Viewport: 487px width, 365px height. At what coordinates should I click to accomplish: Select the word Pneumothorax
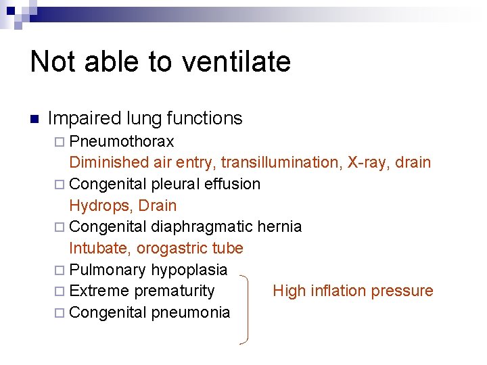coord(122,141)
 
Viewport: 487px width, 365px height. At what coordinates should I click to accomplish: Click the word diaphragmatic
coord(202,226)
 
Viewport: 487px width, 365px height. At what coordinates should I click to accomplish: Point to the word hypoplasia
coord(189,270)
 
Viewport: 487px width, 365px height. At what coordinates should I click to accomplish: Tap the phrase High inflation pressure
coord(352,291)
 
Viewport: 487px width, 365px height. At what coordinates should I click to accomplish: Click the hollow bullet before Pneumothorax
coord(59,142)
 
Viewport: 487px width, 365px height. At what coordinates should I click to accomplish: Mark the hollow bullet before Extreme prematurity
coord(59,291)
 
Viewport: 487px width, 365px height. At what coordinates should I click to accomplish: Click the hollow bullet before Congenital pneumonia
coord(59,313)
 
